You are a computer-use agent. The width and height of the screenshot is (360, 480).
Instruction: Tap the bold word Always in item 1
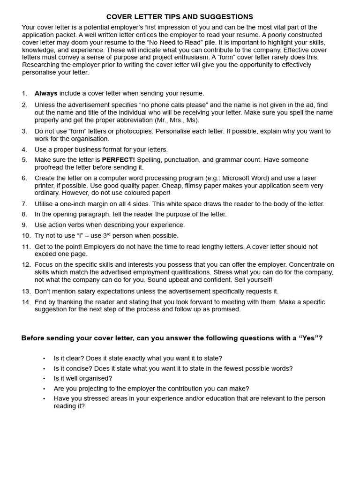pyautogui.click(x=46, y=93)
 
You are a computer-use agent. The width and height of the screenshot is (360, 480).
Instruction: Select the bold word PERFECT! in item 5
pyautogui.click(x=118, y=160)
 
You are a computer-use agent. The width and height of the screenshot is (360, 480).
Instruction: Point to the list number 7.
pyautogui.click(x=24, y=204)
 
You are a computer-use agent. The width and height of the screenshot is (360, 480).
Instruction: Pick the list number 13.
pyautogui.click(x=26, y=292)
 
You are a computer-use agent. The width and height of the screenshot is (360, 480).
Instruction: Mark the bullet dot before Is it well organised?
pyautogui.click(x=44, y=379)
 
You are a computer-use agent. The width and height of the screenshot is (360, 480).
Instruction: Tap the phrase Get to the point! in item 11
pyautogui.click(x=59, y=247)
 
